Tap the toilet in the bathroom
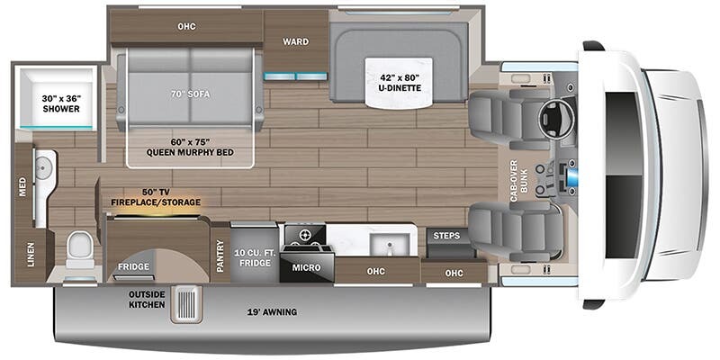click(80, 250)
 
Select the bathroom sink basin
click(43, 168)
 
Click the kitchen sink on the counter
click(390, 244)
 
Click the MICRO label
click(307, 267)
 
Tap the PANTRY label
click(220, 256)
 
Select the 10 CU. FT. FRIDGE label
click(255, 257)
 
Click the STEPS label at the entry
click(446, 236)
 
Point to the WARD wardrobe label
click(296, 41)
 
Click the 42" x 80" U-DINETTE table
click(399, 81)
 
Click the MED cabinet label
click(22, 187)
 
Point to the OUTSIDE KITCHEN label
click(147, 300)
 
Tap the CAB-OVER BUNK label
click(519, 180)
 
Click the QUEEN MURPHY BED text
click(190, 152)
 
